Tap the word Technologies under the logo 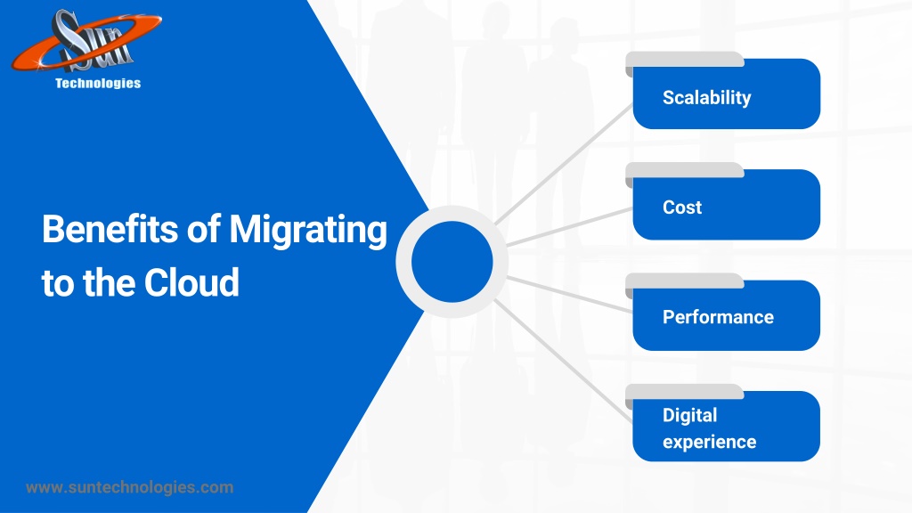(x=98, y=83)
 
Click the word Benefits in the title (x=110, y=229)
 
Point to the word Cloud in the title (x=191, y=282)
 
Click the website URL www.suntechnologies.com (x=130, y=487)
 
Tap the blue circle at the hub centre (x=452, y=262)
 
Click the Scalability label (x=706, y=98)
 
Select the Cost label (x=682, y=207)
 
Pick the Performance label (x=719, y=317)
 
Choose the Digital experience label (x=710, y=428)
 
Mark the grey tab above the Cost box (x=685, y=171)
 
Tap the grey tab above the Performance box (x=685, y=281)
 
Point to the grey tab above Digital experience (x=685, y=392)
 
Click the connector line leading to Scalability (x=564, y=165)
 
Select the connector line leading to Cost (x=570, y=227)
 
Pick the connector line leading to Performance (x=570, y=294)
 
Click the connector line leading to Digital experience (x=564, y=360)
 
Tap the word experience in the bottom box (x=710, y=443)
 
